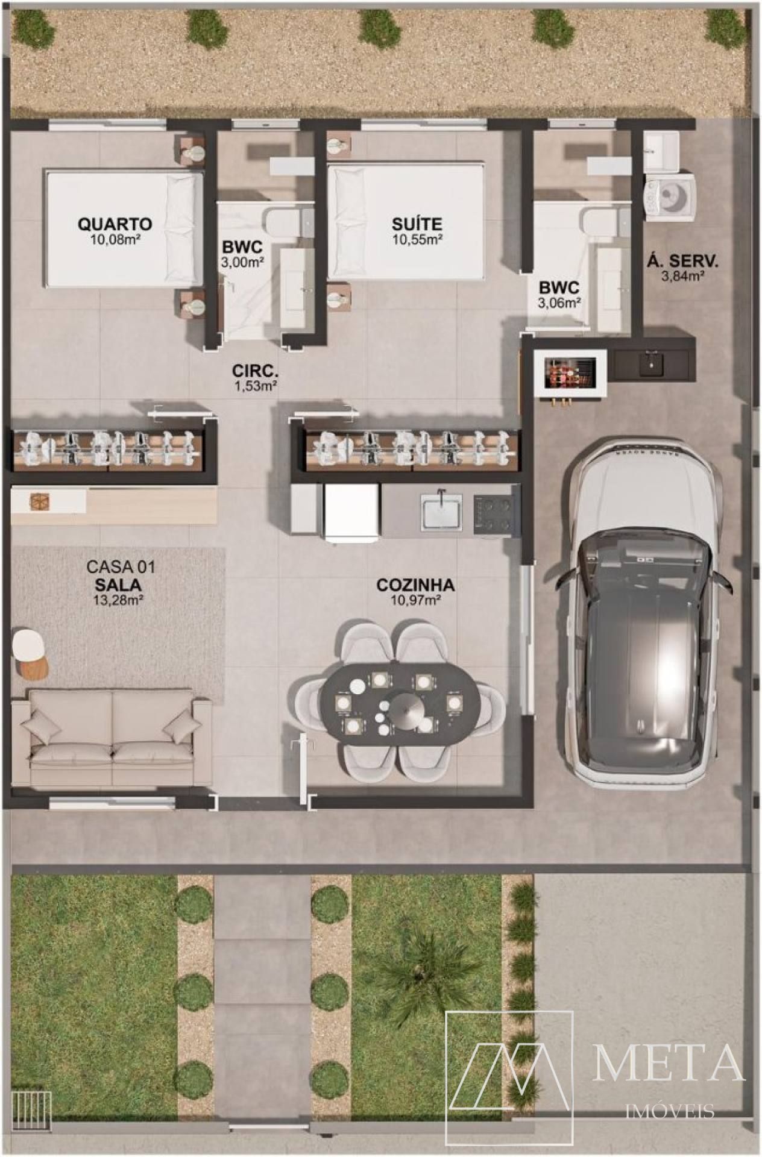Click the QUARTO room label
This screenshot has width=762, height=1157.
pos(115,224)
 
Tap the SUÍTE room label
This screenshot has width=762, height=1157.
pos(417,224)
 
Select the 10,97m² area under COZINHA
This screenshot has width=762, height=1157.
pos(416,600)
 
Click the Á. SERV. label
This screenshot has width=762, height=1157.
pos(682,262)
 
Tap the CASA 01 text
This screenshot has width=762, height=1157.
pos(121,567)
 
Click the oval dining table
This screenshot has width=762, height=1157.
pos(400,703)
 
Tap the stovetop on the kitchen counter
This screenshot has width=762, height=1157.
pos(497,514)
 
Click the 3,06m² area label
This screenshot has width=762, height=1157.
pos(559,303)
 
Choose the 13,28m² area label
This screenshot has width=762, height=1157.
pos(118,600)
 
